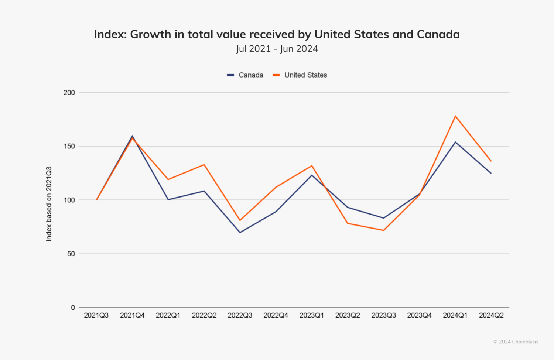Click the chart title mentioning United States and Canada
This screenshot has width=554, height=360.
point(277,34)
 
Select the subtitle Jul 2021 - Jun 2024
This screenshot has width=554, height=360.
point(277,49)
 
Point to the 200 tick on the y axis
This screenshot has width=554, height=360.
point(69,93)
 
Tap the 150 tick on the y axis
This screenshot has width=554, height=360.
point(69,146)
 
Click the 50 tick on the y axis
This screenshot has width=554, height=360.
point(71,254)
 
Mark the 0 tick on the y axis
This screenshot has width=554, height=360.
point(73,308)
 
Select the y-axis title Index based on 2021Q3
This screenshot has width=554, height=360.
point(49,204)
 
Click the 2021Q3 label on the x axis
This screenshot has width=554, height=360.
point(96,315)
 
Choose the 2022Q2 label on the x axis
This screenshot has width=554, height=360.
point(204,315)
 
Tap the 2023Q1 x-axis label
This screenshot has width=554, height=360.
point(312,315)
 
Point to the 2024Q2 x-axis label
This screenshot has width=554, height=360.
point(491,315)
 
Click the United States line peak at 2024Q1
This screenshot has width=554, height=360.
point(455,116)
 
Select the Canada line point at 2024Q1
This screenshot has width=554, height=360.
point(455,142)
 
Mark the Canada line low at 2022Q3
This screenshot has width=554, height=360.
point(240,232)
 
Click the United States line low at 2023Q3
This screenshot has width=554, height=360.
point(384,230)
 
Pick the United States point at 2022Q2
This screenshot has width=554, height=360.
point(204,165)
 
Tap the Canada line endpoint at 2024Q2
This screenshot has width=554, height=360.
point(491,173)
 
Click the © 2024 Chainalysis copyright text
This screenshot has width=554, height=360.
point(516,342)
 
